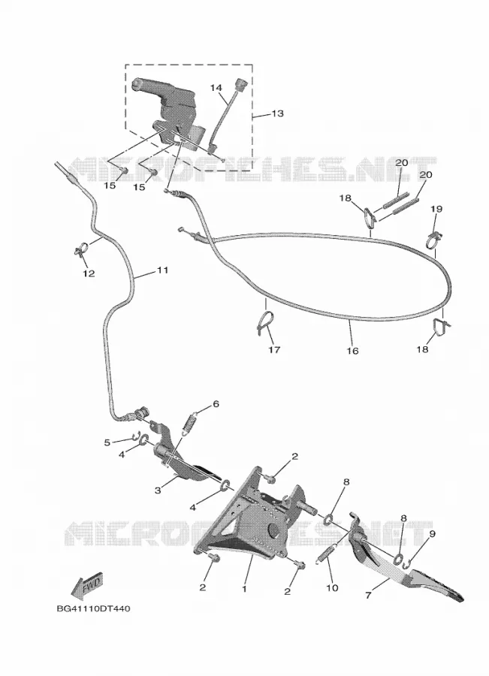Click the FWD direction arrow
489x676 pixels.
pyautogui.click(x=88, y=587)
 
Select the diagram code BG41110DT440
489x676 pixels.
pyautogui.click(x=93, y=608)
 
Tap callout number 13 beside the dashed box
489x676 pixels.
pyautogui.click(x=278, y=113)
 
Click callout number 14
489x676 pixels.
pyautogui.click(x=216, y=88)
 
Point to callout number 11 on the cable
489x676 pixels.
pyautogui.click(x=162, y=270)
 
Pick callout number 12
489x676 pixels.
pyautogui.click(x=89, y=273)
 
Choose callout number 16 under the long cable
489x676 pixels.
pyautogui.click(x=352, y=351)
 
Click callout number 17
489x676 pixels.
pyautogui.click(x=274, y=349)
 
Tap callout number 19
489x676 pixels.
pyautogui.click(x=436, y=209)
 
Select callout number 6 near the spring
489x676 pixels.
pyautogui.click(x=216, y=404)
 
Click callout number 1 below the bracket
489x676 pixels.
pyautogui.click(x=244, y=588)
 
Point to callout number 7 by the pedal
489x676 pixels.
pyautogui.click(x=368, y=596)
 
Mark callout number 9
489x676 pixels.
pyautogui.click(x=432, y=534)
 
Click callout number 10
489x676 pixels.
pyautogui.click(x=333, y=587)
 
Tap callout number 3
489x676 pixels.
pyautogui.click(x=158, y=490)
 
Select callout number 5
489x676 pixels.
pyautogui.click(x=107, y=442)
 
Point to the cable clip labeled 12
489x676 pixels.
pyautogui.click(x=80, y=249)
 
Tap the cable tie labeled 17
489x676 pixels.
pyautogui.click(x=265, y=322)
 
